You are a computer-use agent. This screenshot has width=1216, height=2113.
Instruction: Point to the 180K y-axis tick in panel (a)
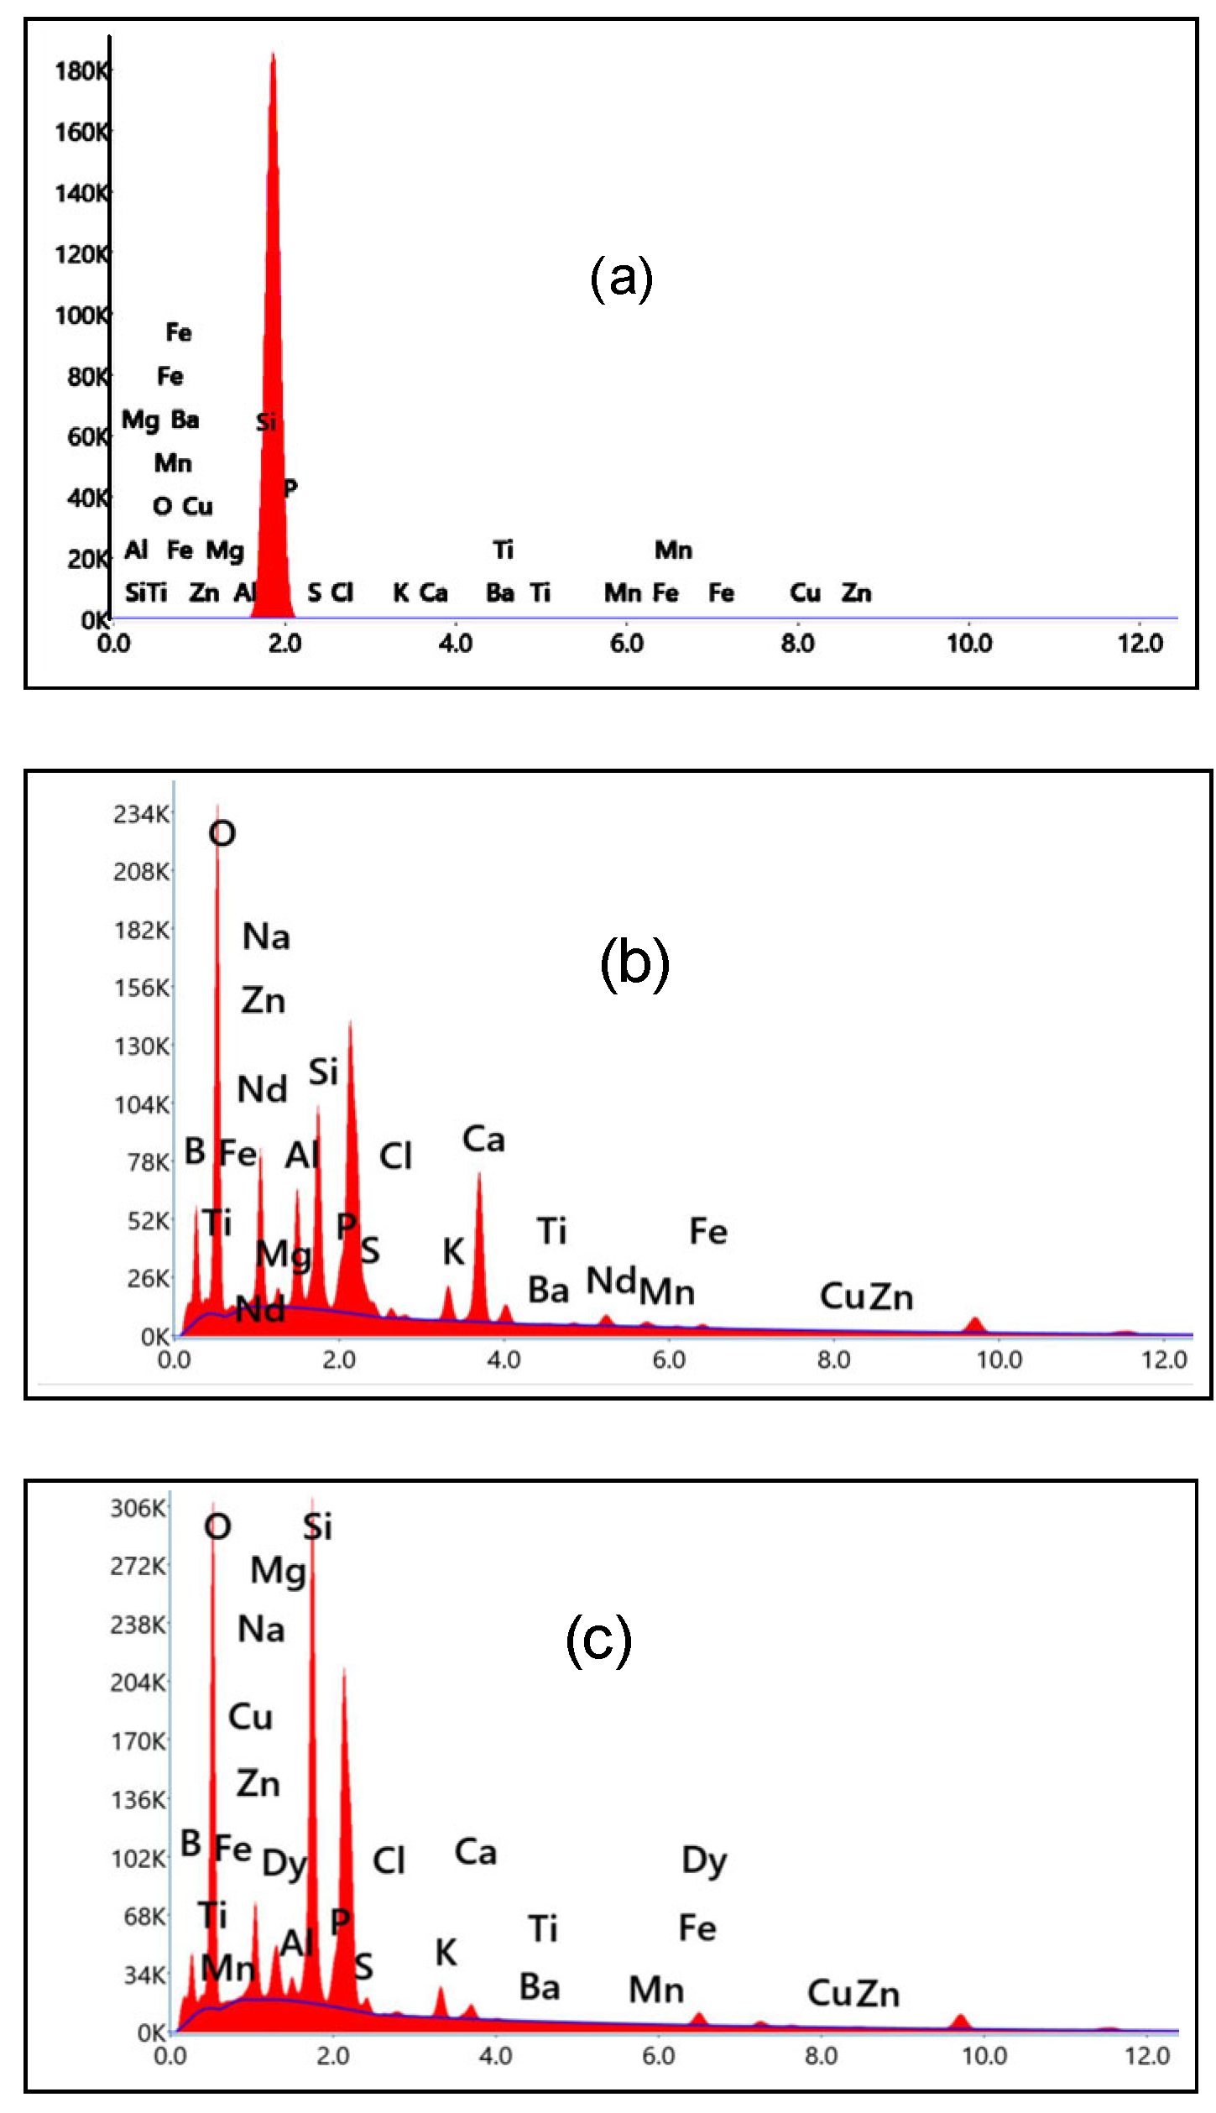coord(81,71)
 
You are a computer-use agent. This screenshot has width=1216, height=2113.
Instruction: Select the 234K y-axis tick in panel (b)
coord(141,814)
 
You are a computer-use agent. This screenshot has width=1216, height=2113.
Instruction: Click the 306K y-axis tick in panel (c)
coord(138,1508)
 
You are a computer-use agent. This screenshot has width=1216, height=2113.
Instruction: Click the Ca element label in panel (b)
coord(483,1140)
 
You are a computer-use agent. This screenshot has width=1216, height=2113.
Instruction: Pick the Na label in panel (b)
coord(266,937)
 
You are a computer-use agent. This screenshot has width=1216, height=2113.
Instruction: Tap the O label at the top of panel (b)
coord(222,833)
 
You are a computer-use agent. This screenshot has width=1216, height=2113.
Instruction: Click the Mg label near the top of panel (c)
coord(278,1570)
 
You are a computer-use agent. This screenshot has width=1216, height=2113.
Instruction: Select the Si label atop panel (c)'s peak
coord(318,1526)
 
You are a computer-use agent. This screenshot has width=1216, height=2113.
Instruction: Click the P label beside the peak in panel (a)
coord(290,488)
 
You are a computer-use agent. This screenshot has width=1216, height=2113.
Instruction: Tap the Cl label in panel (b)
coord(395,1156)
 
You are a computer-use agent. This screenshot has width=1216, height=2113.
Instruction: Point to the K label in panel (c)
coord(446,1954)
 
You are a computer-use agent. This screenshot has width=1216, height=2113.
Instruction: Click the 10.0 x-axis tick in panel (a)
coord(968,644)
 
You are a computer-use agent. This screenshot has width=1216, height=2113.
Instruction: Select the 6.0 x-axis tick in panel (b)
coord(668,1359)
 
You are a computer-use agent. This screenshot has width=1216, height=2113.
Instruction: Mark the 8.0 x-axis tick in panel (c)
coord(821,2056)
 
